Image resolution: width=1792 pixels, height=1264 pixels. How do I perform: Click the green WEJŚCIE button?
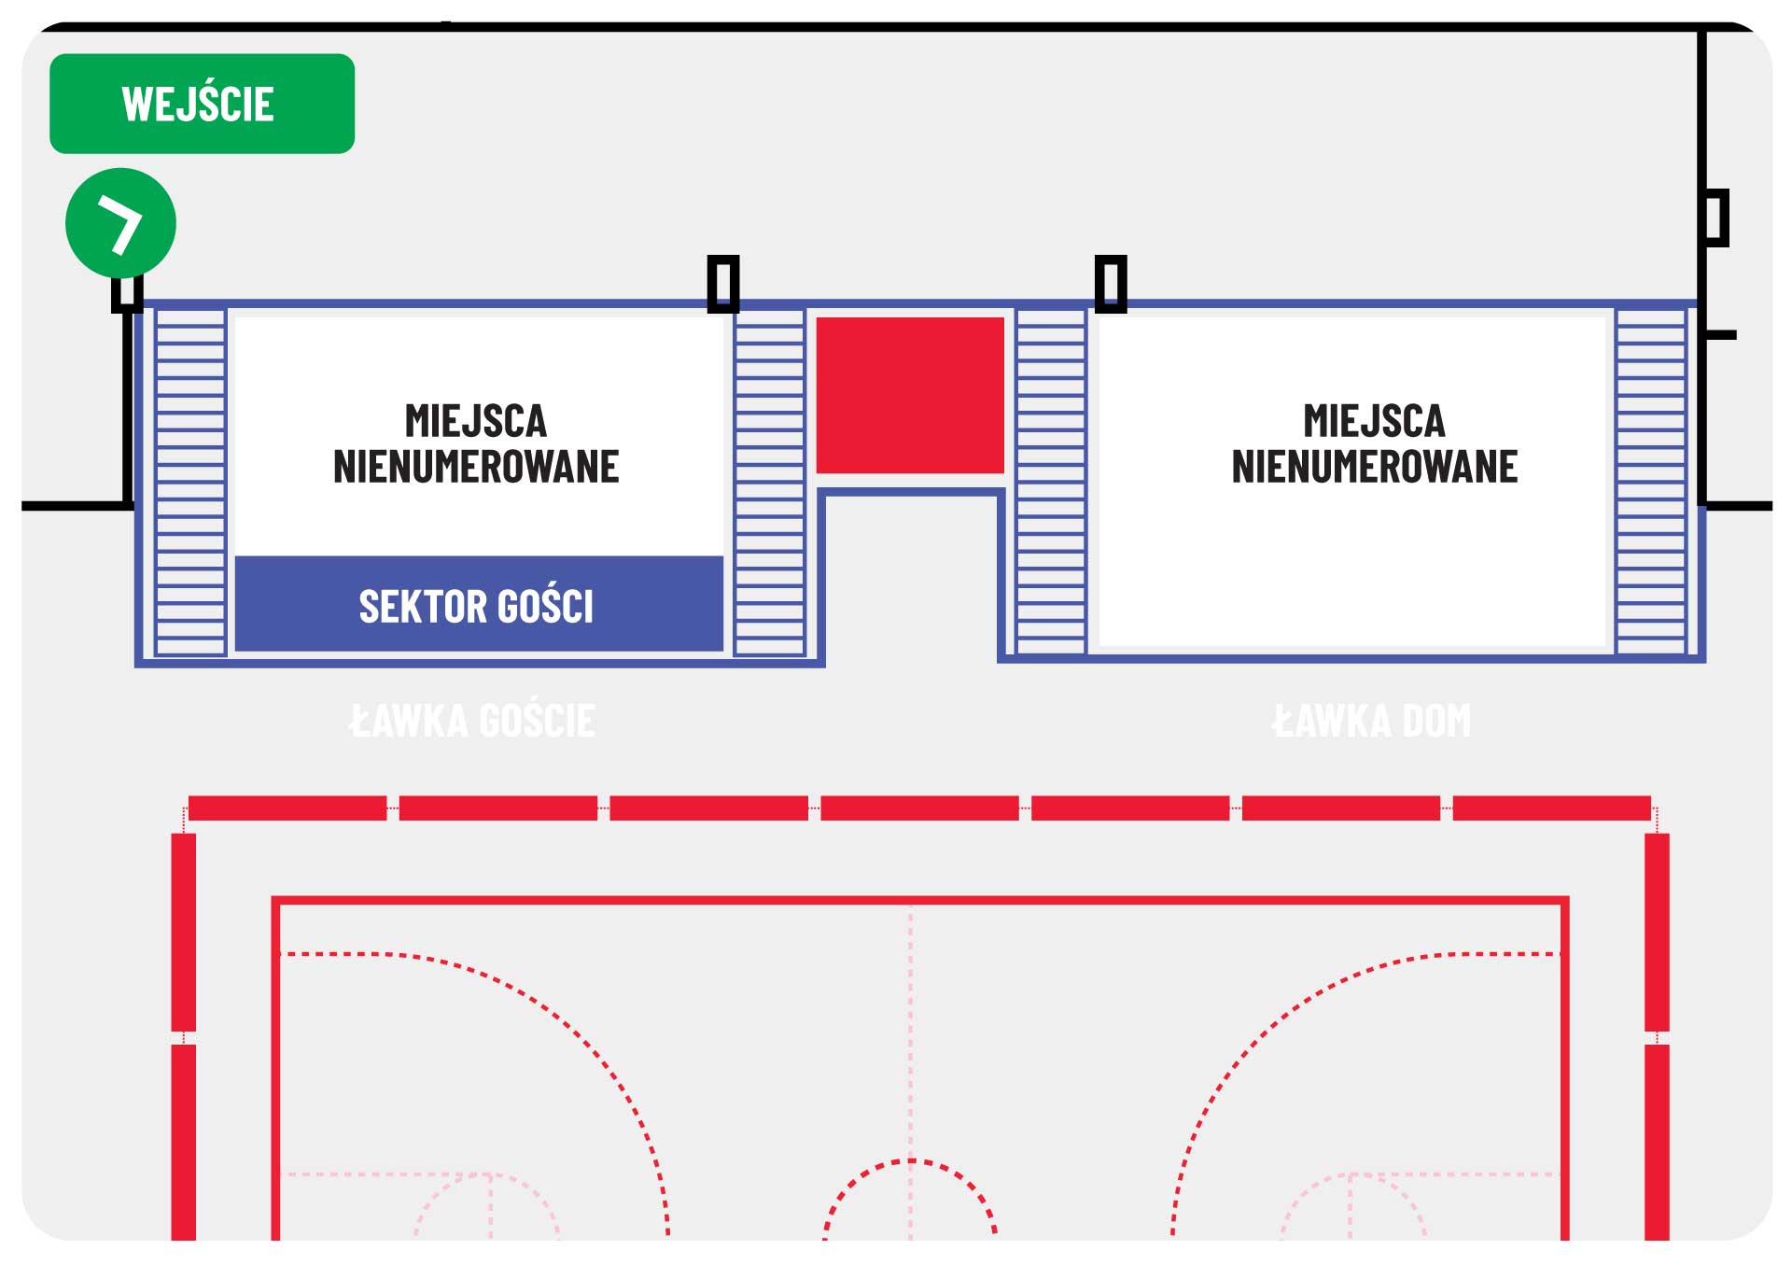(202, 104)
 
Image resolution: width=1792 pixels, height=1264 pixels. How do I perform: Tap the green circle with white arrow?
(120, 223)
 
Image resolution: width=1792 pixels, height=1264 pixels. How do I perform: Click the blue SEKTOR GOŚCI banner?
(479, 604)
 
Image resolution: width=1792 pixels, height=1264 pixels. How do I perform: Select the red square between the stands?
(910, 395)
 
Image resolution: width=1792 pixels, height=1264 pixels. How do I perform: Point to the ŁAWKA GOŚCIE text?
(472, 721)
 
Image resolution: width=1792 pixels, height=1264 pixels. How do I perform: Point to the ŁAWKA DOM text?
(1371, 721)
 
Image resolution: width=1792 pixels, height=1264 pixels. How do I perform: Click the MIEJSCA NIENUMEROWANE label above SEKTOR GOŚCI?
(476, 443)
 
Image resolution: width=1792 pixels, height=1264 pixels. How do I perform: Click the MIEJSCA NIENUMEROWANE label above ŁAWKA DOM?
(1375, 443)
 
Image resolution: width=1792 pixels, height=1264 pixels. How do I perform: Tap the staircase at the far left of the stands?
(190, 482)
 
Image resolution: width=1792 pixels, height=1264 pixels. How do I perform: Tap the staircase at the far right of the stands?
(1651, 482)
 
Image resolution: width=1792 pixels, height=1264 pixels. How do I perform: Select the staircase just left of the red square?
(769, 482)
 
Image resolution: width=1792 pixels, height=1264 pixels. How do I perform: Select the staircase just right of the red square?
(1051, 482)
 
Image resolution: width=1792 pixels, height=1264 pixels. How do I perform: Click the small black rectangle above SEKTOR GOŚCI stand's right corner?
(723, 283)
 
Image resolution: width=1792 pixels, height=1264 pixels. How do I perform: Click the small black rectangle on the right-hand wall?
(1715, 218)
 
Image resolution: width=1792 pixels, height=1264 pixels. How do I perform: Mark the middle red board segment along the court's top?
(919, 808)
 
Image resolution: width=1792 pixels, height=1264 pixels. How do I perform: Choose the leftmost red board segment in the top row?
(287, 808)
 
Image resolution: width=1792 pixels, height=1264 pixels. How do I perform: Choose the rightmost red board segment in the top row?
(1552, 808)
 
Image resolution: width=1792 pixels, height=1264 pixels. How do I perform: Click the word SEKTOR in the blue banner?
(424, 607)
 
